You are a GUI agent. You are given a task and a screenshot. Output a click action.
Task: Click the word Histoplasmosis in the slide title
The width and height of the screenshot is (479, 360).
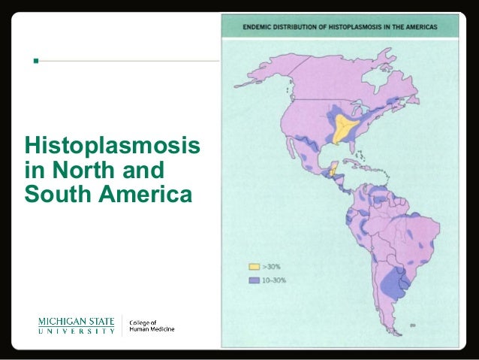point(112,143)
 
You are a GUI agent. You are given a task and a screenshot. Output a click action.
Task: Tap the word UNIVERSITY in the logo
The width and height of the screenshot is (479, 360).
point(77,331)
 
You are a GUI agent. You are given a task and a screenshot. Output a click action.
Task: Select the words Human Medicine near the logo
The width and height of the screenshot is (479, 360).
point(152,329)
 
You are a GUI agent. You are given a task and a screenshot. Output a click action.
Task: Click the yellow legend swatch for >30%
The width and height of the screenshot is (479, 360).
point(254,266)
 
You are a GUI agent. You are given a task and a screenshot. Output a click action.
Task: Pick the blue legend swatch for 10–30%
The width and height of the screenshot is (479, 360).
point(254,280)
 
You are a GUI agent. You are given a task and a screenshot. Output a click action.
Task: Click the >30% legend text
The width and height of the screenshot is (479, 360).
point(272,266)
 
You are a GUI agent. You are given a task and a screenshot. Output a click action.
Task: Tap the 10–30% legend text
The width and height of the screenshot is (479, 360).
point(275,280)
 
